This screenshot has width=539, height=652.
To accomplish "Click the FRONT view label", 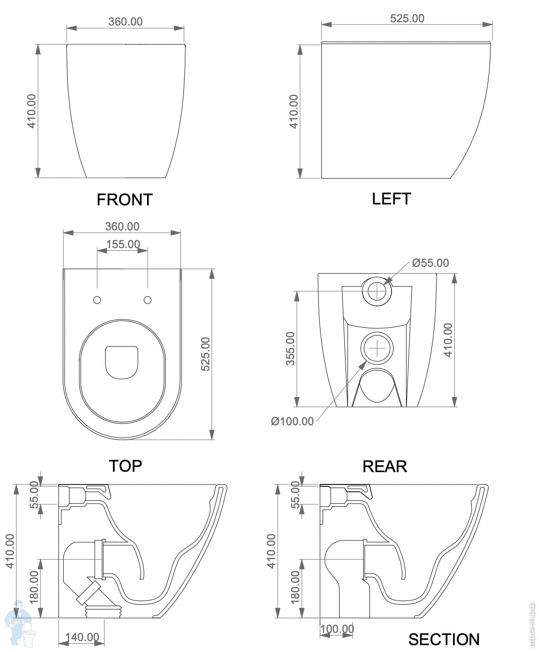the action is [x=125, y=199].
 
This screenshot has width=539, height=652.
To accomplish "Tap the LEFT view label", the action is [x=392, y=199].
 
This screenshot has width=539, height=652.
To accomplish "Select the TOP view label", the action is [x=125, y=466].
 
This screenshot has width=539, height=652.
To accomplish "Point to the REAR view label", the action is [x=385, y=467].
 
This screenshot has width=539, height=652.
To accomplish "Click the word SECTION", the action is [x=444, y=640].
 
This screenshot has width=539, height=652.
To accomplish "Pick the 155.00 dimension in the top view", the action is [x=123, y=244].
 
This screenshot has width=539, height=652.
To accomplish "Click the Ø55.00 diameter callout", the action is [x=430, y=263].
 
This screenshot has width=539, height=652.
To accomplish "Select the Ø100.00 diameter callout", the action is [x=292, y=421].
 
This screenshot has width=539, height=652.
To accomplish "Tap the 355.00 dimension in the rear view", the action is [x=290, y=348].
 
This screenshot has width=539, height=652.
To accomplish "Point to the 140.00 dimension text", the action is [x=82, y=637].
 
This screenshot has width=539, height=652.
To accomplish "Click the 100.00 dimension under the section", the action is [x=337, y=629].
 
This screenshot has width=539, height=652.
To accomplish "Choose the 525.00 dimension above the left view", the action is [x=407, y=18].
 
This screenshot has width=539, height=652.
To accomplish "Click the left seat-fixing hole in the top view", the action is [x=97, y=300].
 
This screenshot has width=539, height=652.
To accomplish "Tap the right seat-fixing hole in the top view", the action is [x=147, y=300].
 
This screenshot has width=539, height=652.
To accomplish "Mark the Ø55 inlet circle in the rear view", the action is [x=377, y=291].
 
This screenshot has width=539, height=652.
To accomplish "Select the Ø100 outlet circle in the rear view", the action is [x=377, y=348].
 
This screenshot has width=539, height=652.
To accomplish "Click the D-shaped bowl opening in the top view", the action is [x=122, y=362].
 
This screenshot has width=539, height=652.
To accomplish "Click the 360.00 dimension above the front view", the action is [x=125, y=21].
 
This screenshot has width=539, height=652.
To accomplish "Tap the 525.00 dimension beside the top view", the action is [x=205, y=354].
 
